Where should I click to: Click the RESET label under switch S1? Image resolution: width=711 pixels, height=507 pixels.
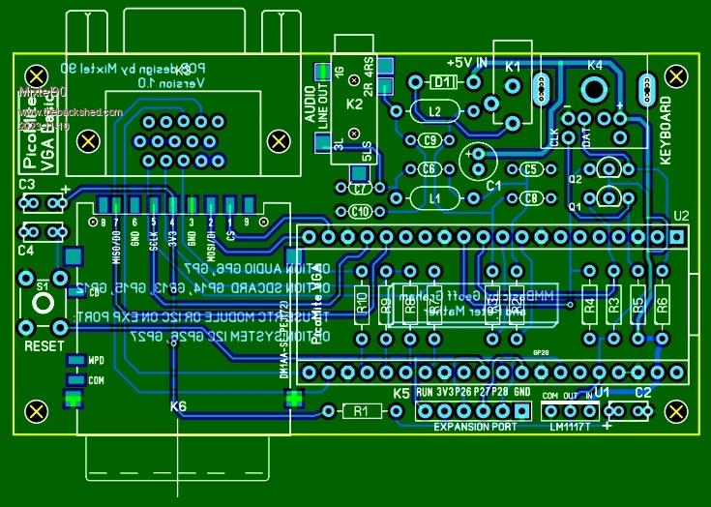44,345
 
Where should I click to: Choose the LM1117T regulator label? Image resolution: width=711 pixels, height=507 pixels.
569,427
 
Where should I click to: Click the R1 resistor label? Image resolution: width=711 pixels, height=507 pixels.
361,412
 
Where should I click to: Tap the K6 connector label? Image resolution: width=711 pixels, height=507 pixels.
179,406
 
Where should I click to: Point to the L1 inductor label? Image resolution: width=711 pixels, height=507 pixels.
434,198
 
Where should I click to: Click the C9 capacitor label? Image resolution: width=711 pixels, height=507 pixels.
432,140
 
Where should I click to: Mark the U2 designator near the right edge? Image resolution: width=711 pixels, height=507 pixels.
681,215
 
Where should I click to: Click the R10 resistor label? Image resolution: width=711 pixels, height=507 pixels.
361,305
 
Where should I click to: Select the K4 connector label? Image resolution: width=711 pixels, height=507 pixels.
594,65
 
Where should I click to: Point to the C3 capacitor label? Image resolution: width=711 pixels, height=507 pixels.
26,184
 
